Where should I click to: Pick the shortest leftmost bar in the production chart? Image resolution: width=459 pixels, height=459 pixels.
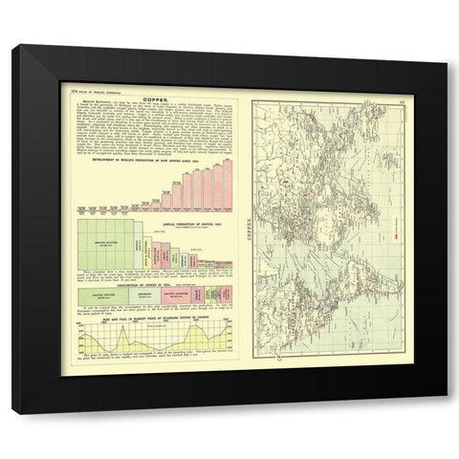83,208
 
